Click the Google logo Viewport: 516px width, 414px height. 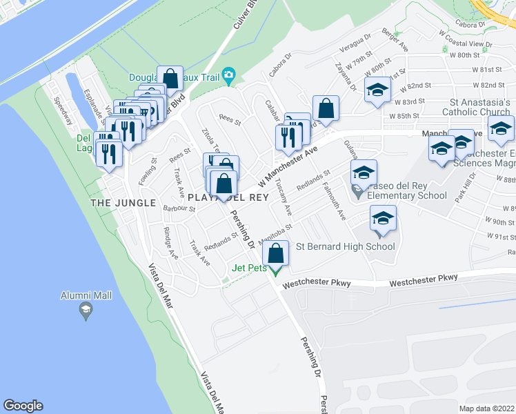(23, 406)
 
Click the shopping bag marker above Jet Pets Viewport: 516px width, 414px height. (276, 253)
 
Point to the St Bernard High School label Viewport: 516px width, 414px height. (345, 246)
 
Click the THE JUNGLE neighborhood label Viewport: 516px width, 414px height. (115, 202)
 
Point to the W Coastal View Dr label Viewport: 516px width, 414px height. (468, 44)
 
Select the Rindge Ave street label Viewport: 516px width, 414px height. (171, 244)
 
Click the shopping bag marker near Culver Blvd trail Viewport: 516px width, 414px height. (169, 79)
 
